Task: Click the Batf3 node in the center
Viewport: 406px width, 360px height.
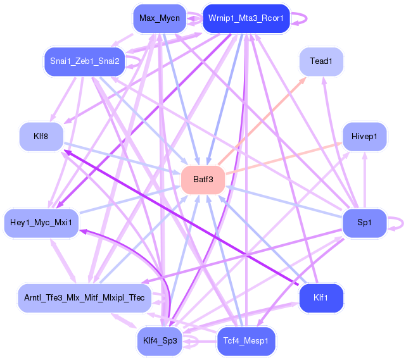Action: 203,180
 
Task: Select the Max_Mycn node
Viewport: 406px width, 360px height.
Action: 160,18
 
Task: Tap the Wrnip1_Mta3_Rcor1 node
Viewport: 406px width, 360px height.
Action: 246,18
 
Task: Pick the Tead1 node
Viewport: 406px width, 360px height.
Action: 321,61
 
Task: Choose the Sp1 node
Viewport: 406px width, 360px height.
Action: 364,223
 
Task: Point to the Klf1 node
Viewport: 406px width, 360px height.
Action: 321,297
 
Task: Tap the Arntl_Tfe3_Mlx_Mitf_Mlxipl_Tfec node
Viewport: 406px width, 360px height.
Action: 84,297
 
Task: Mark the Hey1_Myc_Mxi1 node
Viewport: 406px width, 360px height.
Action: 41,223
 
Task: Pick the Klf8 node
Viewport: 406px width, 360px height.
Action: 41,137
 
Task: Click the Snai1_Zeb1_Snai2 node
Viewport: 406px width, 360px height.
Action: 85,61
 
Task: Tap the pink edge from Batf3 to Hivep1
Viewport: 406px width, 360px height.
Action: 285,158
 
